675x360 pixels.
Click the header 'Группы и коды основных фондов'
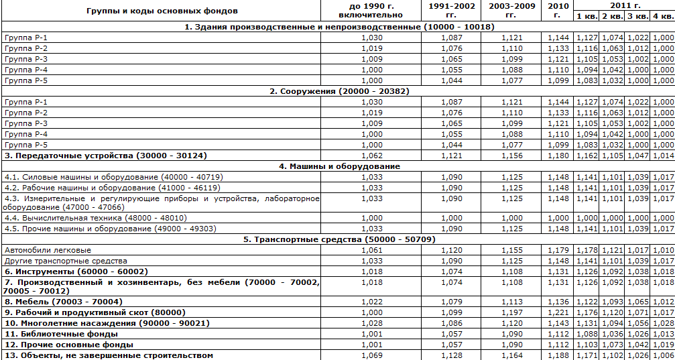click(x=161, y=11)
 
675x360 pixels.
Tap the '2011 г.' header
click(x=623, y=5)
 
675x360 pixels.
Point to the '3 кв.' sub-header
click(x=638, y=16)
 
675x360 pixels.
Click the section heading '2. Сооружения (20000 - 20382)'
click(x=339, y=91)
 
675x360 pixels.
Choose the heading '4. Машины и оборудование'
click(x=339, y=166)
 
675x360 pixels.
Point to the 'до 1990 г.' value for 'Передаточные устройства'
click(x=371, y=156)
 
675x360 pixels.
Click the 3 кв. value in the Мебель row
click(x=638, y=301)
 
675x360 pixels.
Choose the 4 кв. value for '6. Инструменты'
click(x=663, y=272)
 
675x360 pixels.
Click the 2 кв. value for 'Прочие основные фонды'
click(x=612, y=344)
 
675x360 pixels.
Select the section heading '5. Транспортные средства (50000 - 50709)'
click(x=339, y=239)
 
